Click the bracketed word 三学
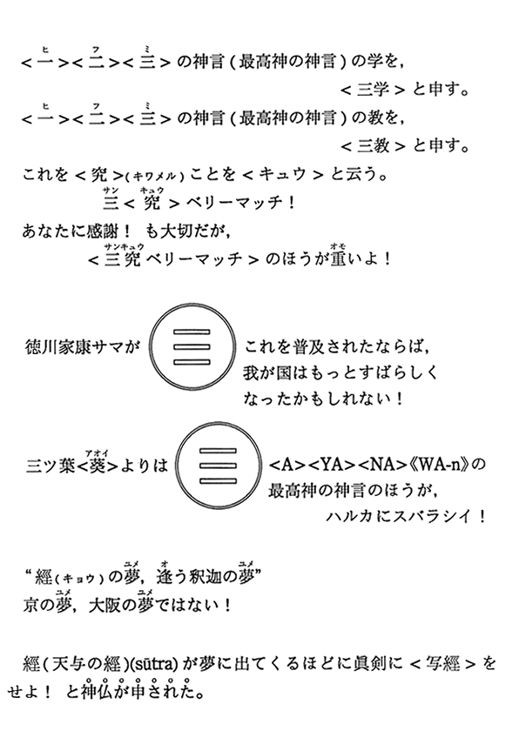click(372, 90)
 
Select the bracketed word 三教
click(372, 145)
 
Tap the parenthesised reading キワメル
click(155, 177)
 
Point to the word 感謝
click(102, 231)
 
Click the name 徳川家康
click(56, 347)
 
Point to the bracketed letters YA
click(330, 465)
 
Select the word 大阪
click(105, 606)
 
